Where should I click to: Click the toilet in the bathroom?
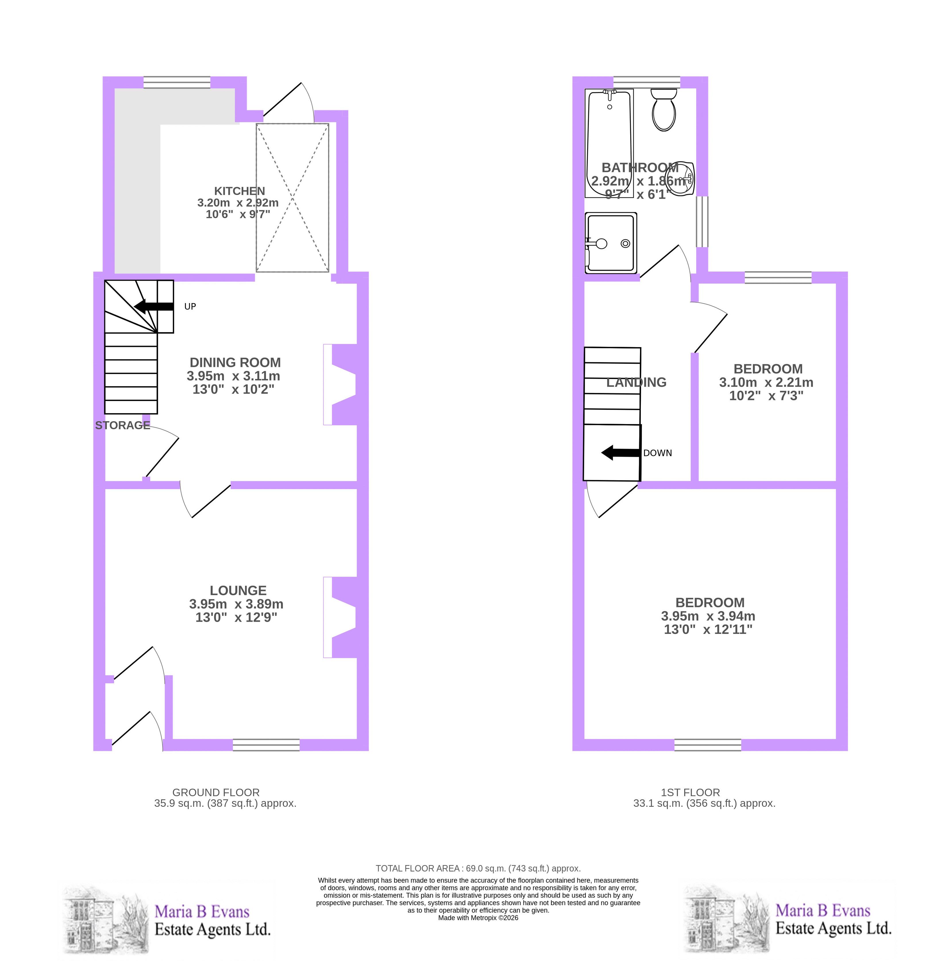click(x=663, y=110)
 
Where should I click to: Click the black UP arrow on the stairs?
click(x=154, y=306)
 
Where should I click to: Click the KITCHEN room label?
click(x=240, y=190)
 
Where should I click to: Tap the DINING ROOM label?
click(x=235, y=362)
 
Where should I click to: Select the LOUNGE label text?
click(x=238, y=590)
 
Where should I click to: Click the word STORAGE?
click(x=123, y=425)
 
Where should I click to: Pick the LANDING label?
click(x=636, y=382)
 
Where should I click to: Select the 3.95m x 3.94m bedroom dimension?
click(x=708, y=616)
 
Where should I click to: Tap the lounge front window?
click(x=266, y=745)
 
